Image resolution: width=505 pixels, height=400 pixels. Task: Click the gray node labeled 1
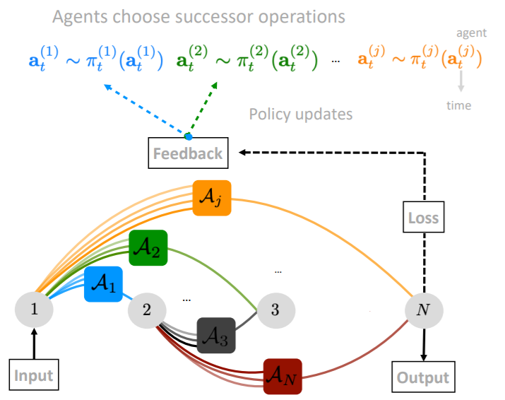tap(34, 309)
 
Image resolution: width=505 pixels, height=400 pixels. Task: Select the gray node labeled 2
tap(147, 309)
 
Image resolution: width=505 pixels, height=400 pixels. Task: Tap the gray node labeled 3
tap(275, 309)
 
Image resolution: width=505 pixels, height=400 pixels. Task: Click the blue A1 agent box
tap(103, 285)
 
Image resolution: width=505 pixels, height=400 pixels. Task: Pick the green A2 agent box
tap(148, 248)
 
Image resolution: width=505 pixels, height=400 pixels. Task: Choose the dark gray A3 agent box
tap(215, 336)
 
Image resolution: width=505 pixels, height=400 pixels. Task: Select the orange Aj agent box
tap(212, 198)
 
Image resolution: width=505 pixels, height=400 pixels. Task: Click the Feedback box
tap(189, 153)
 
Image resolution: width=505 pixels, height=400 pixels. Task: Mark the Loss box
tap(423, 218)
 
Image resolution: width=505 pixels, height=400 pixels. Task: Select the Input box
tap(34, 375)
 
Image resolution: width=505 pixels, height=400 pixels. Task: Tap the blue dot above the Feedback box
tap(188, 136)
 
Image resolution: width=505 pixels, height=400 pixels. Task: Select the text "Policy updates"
tap(300, 113)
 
